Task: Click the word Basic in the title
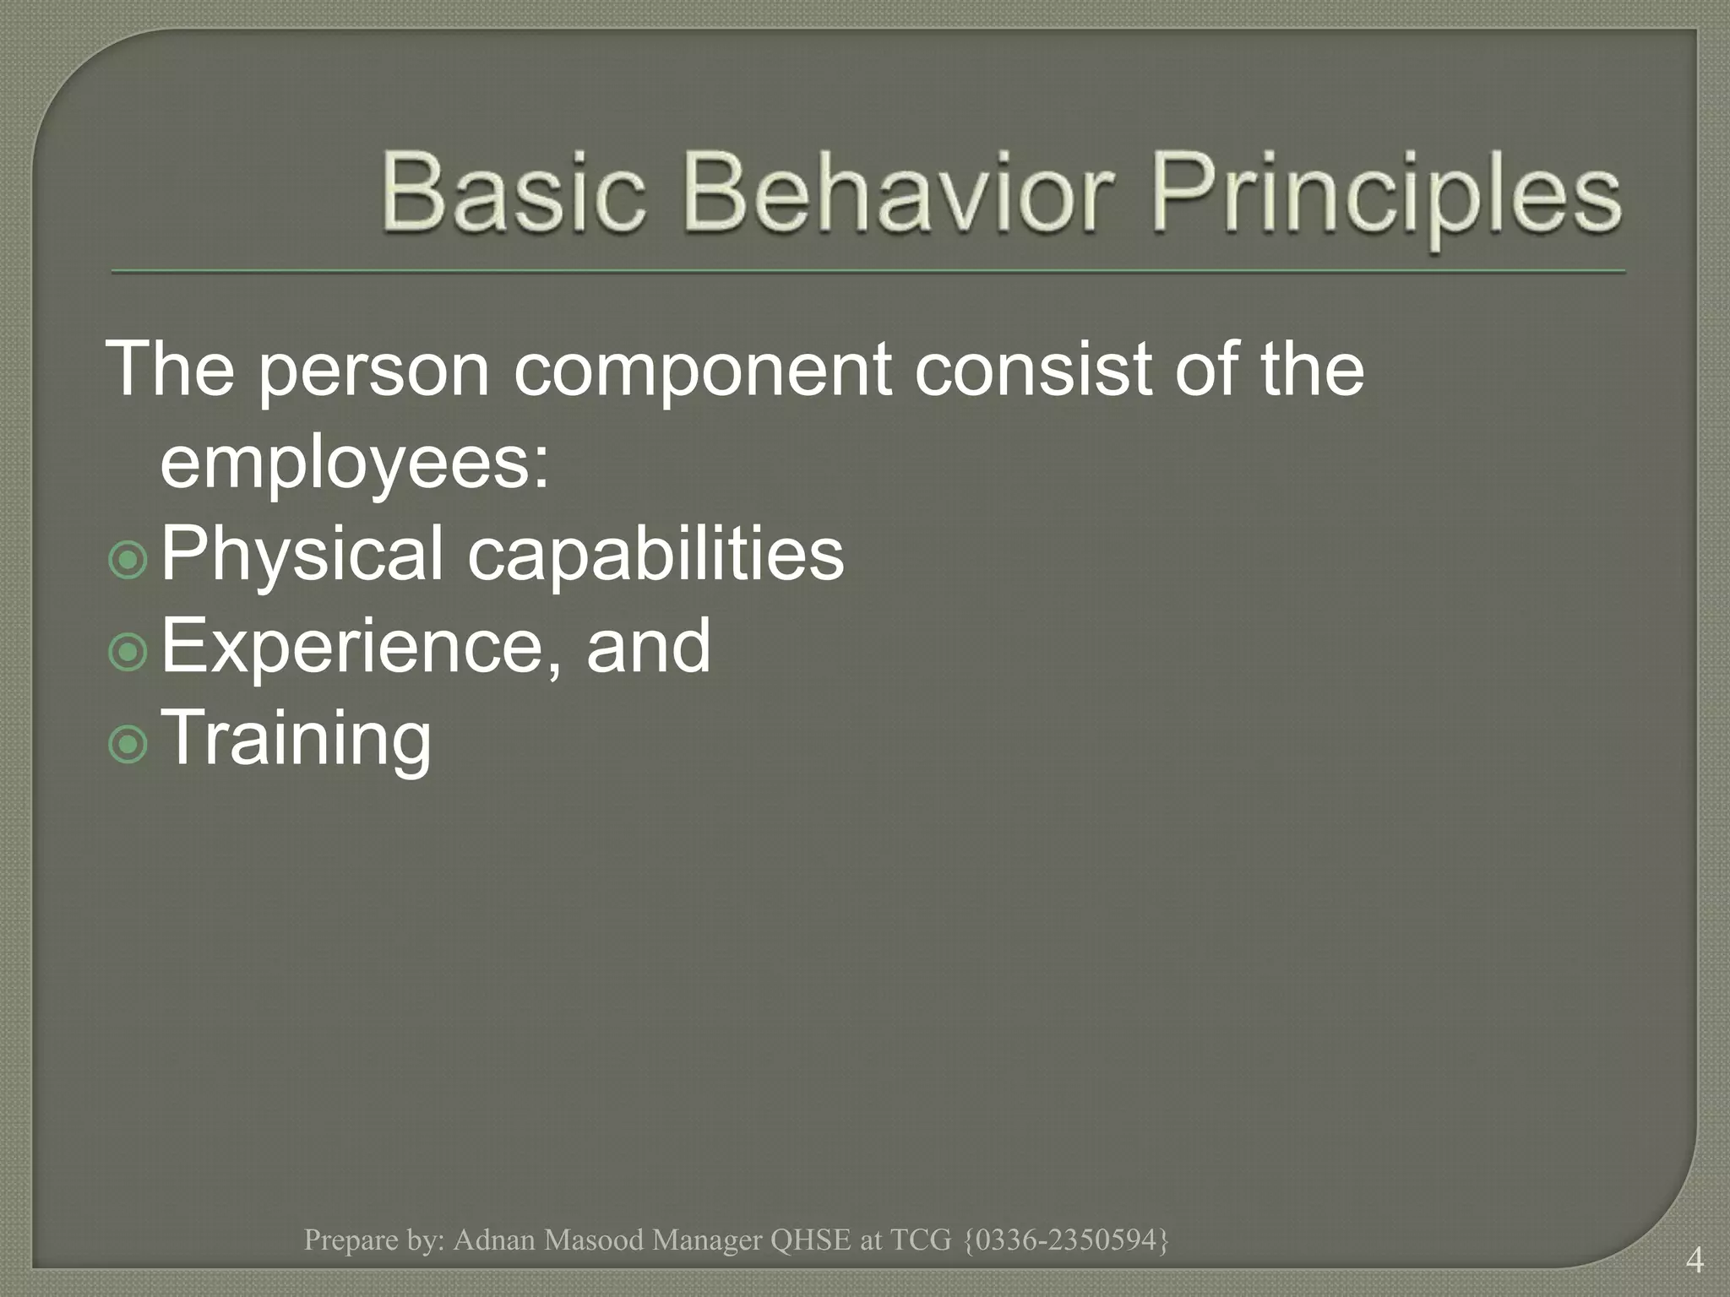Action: [514, 193]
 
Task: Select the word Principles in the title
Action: [1385, 198]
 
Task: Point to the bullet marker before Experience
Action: [128, 651]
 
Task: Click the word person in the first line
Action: [374, 372]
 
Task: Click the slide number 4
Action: [1694, 1262]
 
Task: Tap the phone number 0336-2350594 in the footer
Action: [1065, 1240]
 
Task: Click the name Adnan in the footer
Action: [495, 1240]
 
